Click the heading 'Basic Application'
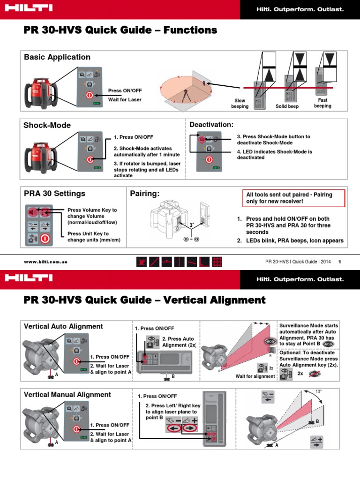click(57, 57)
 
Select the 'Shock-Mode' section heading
click(47, 125)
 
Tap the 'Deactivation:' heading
click(211, 124)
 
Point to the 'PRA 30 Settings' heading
click(54, 193)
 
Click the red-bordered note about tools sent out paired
click(295, 197)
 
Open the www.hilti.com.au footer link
click(45, 262)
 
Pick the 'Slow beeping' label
click(240, 104)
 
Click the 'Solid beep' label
click(287, 106)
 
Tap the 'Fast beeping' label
click(322, 103)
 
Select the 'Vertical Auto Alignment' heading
click(63, 326)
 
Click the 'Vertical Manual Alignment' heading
click(67, 395)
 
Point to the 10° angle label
click(319, 391)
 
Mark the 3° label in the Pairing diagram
click(191, 225)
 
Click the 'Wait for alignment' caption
click(255, 376)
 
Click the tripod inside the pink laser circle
click(191, 93)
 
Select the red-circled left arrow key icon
click(173, 428)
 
